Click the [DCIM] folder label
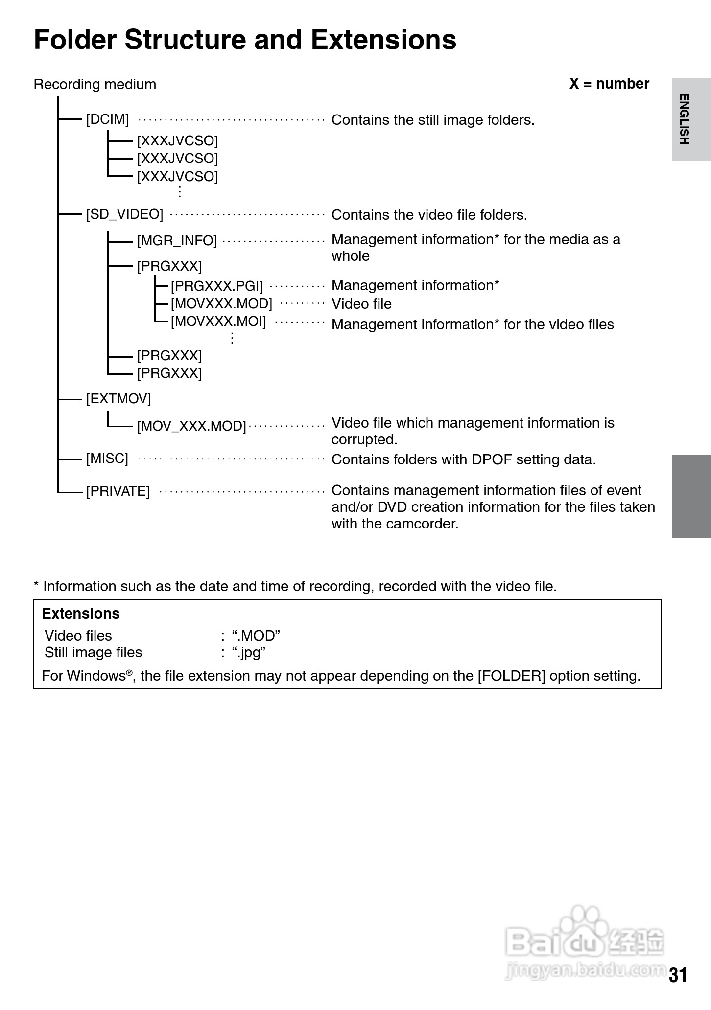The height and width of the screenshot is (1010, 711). tap(107, 119)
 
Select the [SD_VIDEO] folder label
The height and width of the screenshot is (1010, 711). tap(124, 214)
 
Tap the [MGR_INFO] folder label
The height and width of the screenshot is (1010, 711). tap(177, 241)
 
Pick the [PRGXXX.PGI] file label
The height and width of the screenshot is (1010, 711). tap(216, 286)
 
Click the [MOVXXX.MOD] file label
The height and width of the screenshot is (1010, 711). tap(221, 304)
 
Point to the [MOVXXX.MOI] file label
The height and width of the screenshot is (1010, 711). tap(218, 321)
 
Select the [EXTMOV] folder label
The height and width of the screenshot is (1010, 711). tap(118, 399)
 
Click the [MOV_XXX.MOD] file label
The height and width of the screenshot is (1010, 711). tap(191, 426)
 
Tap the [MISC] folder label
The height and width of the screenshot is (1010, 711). tap(107, 459)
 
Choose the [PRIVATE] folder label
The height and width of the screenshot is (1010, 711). tap(118, 491)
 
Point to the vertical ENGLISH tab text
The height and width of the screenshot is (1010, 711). tap(685, 119)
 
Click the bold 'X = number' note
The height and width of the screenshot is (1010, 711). tap(609, 84)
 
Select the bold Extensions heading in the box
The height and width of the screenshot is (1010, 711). tap(81, 614)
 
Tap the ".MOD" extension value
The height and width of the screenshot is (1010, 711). tap(256, 636)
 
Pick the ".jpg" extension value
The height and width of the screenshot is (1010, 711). tap(248, 653)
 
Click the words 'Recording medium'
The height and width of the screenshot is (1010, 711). tap(95, 85)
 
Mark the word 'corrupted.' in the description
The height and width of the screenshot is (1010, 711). tap(364, 439)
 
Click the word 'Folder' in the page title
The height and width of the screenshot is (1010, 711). tap(74, 40)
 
